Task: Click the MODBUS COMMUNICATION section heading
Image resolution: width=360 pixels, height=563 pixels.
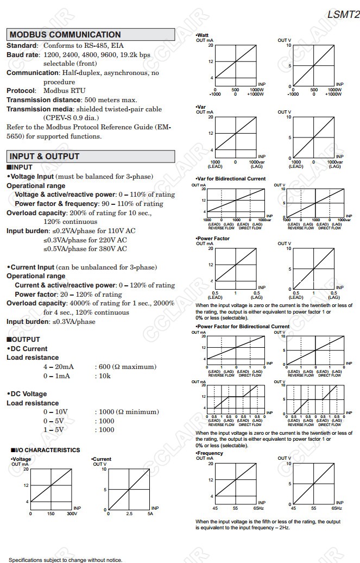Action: pyautogui.click(x=65, y=35)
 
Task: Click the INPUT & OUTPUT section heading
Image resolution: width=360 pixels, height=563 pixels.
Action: pyautogui.click(x=45, y=157)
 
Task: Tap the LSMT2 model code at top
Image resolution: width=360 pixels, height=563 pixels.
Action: pyautogui.click(x=343, y=15)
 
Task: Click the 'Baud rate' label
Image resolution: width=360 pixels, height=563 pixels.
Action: pyautogui.click(x=23, y=55)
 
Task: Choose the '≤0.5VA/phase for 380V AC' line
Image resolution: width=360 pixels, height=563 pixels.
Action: pyautogui.click(x=85, y=249)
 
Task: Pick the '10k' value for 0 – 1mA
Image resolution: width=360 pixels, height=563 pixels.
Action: pyautogui.click(x=103, y=376)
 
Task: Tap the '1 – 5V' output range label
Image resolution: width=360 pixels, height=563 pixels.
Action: pyautogui.click(x=54, y=430)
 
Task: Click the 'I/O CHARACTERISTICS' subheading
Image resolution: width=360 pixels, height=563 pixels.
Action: pyautogui.click(x=47, y=450)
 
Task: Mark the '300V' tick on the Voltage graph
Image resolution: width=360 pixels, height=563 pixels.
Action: pyautogui.click(x=72, y=514)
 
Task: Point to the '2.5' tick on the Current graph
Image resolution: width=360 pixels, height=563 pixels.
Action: pyautogui.click(x=129, y=514)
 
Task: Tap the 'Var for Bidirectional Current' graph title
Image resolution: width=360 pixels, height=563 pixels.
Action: pyautogui.click(x=231, y=179)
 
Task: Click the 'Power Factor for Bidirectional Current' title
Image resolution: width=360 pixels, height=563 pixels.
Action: pyautogui.click(x=243, y=327)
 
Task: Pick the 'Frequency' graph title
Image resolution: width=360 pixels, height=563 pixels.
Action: pyautogui.click(x=210, y=453)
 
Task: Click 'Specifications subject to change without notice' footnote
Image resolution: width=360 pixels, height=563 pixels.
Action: pyautogui.click(x=65, y=560)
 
